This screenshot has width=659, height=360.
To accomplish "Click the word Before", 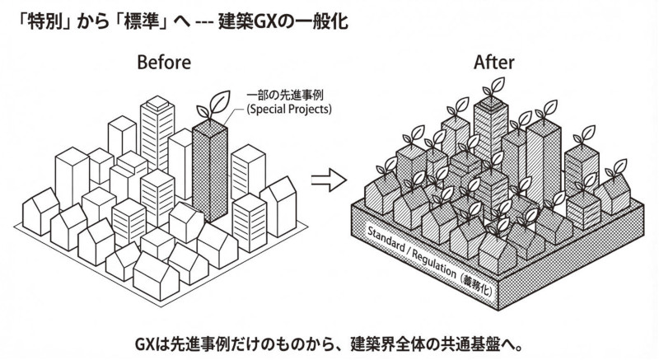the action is click(x=164, y=62).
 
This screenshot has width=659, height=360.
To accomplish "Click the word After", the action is click(x=493, y=62).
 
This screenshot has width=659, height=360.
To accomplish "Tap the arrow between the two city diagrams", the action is click(x=329, y=180).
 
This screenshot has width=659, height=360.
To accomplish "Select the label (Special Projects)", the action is click(x=289, y=110).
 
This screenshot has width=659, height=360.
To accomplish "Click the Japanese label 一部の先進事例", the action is click(x=285, y=95).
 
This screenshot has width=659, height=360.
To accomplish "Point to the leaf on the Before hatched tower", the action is click(x=213, y=105).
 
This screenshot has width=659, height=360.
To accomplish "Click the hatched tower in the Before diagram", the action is click(x=210, y=171).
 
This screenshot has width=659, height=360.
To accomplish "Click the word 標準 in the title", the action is click(x=139, y=21).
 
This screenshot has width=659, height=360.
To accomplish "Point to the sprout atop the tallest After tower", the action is click(x=493, y=87).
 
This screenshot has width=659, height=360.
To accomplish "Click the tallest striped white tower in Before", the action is click(x=157, y=133).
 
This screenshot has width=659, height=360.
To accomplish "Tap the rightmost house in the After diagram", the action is click(x=612, y=194).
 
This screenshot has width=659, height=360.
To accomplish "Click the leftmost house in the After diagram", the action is click(x=382, y=193).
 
